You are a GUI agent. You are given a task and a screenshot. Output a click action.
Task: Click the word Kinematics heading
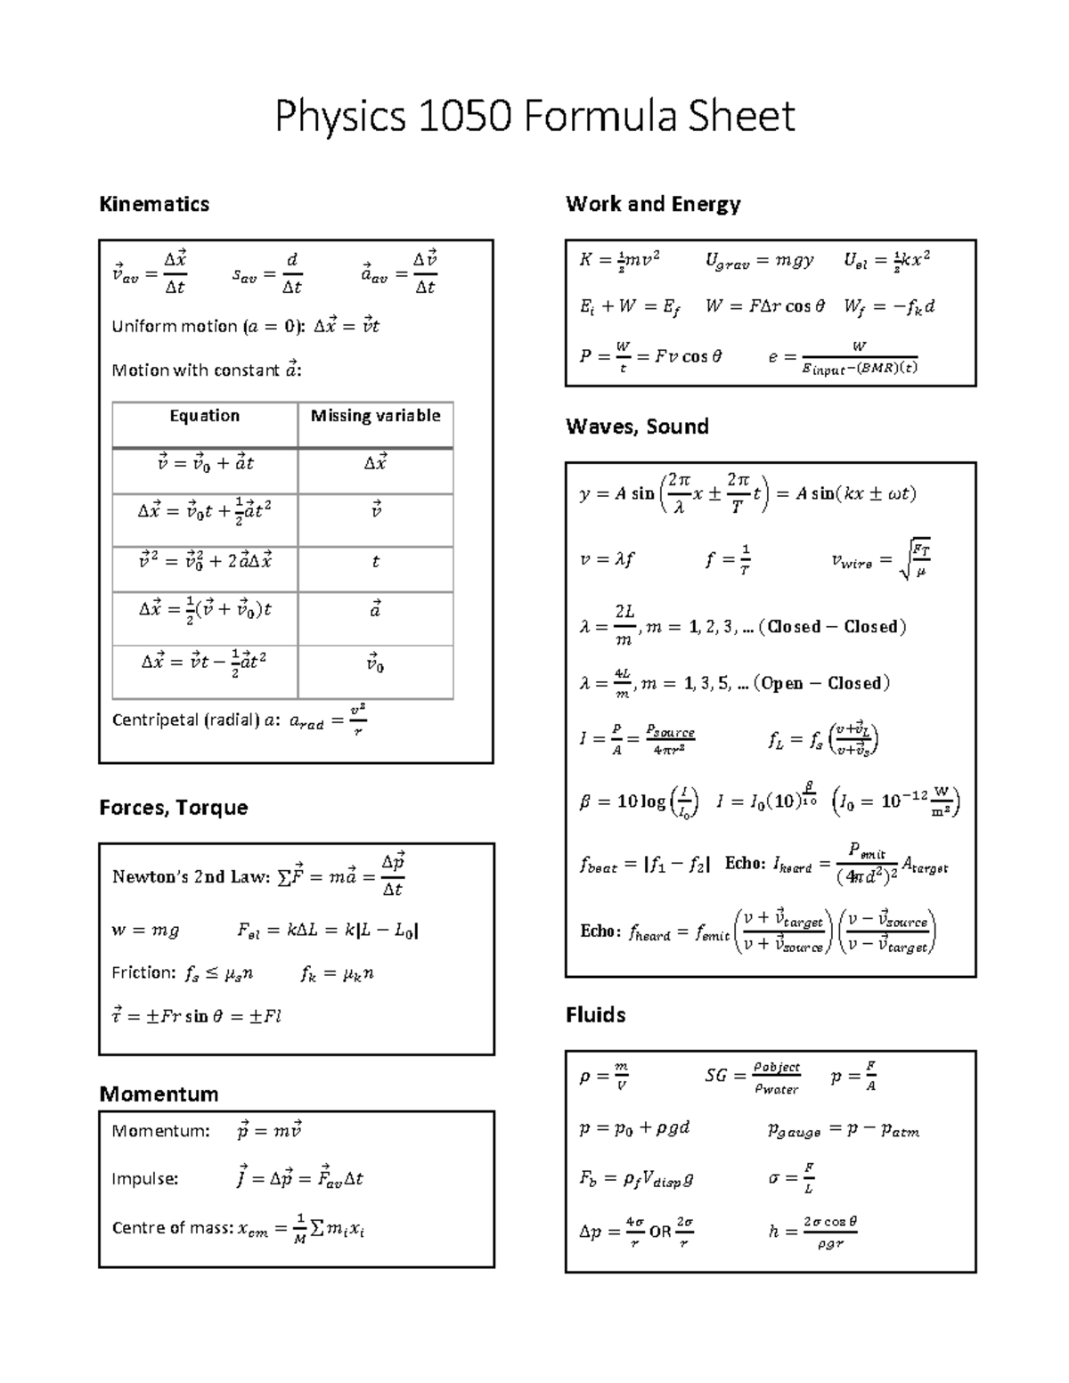[154, 204]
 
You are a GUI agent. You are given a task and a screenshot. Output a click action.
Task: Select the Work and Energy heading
[653, 204]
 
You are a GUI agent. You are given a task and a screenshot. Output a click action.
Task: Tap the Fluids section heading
[595, 1015]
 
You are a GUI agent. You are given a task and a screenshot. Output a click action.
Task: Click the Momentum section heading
[159, 1094]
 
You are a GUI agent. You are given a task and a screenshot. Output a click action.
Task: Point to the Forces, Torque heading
[173, 808]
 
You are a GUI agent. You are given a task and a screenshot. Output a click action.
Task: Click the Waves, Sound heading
[637, 427]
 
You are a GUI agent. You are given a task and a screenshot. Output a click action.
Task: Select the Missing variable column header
[375, 416]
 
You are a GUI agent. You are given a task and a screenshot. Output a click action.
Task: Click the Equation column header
[204, 416]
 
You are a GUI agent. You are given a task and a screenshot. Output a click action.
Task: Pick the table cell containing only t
[375, 562]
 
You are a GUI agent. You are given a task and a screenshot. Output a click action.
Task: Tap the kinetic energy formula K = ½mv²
[619, 260]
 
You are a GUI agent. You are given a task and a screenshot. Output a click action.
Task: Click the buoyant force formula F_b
[635, 1179]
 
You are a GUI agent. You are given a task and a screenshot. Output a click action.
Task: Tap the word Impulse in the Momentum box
[144, 1179]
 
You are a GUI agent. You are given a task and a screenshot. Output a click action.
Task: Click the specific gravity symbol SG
[715, 1076]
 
